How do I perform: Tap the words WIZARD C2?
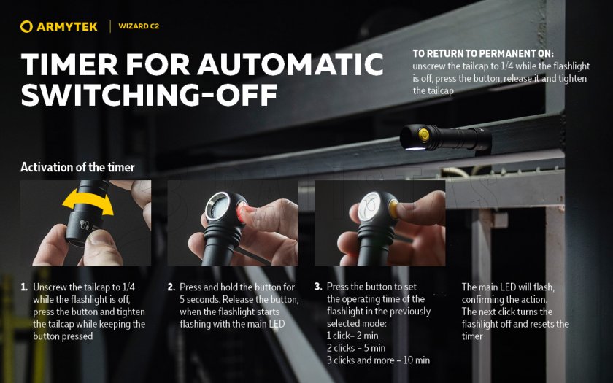pos(139,26)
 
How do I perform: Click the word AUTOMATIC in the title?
pos(290,64)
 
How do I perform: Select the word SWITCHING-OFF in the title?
pos(150,95)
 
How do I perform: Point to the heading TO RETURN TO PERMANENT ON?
pos(483,53)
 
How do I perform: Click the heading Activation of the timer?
pos(77,167)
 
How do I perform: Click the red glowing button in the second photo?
pos(241,212)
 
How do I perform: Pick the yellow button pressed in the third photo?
pos(393,209)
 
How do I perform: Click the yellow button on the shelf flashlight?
pos(423,135)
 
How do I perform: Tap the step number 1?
pos(24,287)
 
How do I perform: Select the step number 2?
pos(171,287)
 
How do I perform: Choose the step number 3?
pos(318,287)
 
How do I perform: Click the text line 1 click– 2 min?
pos(352,336)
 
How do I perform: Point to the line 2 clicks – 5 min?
pos(356,348)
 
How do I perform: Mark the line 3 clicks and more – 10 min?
pos(379,360)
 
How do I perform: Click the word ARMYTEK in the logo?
pos(67,26)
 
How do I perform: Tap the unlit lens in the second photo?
pos(218,206)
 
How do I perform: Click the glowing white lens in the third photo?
pos(369,206)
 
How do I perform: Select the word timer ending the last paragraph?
pos(472,336)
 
